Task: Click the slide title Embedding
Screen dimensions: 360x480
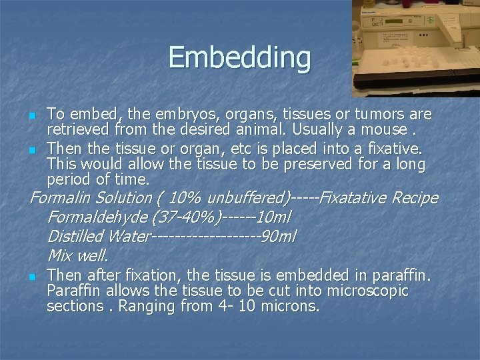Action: click(x=239, y=57)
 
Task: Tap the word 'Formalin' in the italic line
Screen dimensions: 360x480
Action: click(x=61, y=198)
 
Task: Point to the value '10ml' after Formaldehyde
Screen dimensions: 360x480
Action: click(x=273, y=217)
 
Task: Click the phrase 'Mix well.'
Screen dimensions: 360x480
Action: click(x=78, y=256)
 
